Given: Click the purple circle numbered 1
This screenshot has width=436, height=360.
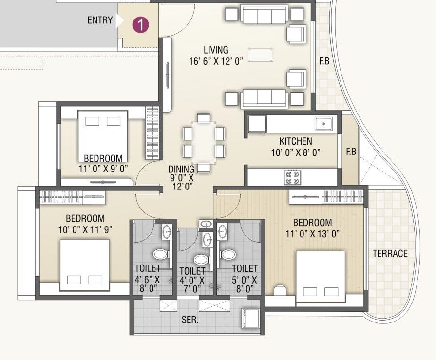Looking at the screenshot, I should (140, 24).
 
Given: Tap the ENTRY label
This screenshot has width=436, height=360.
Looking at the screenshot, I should (100, 20).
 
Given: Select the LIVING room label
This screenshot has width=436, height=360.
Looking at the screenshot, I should (216, 50).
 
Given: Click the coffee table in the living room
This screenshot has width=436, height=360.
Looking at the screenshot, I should (261, 55).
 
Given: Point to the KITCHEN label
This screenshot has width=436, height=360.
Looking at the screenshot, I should (296, 142).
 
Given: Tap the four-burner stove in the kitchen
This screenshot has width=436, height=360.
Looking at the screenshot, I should (293, 177).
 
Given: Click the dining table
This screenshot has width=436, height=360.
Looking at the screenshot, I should (204, 142).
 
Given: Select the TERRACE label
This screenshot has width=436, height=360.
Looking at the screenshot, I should (390, 254).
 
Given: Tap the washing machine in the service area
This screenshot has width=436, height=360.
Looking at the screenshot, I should (251, 319).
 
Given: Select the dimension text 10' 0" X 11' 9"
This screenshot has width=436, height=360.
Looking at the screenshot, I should (86, 229).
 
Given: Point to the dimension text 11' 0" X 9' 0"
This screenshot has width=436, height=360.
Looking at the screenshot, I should (103, 169).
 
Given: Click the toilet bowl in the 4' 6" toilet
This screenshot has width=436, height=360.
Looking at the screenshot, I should (160, 254).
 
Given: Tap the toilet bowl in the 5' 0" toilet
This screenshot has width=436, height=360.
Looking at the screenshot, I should (227, 254).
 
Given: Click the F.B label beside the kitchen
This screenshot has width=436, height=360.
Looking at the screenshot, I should (351, 152).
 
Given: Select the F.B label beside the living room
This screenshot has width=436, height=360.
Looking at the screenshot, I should (324, 62).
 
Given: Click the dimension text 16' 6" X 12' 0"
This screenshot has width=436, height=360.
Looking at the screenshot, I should (216, 61).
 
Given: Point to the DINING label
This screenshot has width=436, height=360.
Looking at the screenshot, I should (181, 169).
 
